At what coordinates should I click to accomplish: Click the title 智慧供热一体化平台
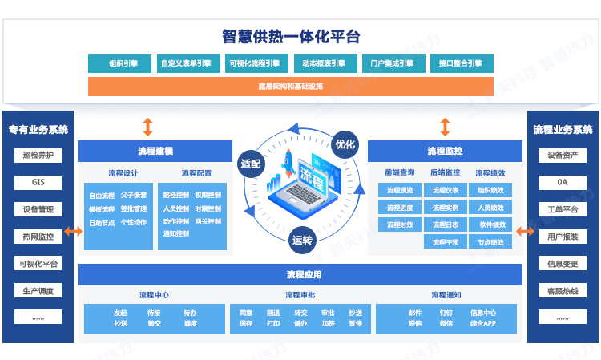tap(291, 36)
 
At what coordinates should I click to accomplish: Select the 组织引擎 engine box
tap(123, 63)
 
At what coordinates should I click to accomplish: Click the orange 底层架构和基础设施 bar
tap(291, 86)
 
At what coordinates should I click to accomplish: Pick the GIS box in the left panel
tap(38, 182)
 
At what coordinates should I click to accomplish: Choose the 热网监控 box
tap(38, 237)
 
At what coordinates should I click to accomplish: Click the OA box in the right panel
tap(563, 182)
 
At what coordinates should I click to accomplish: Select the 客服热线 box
tap(563, 291)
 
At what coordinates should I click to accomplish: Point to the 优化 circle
tap(345, 144)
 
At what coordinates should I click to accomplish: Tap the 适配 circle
tap(250, 163)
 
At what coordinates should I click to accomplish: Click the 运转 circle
tap(302, 239)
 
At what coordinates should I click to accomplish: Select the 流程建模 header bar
tap(155, 151)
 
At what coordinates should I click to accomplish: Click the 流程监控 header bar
tap(445, 151)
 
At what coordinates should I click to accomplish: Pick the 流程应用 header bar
tap(300, 275)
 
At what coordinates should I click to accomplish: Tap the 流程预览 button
tap(400, 190)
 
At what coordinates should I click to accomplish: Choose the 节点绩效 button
tap(491, 241)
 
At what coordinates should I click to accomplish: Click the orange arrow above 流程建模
tap(147, 127)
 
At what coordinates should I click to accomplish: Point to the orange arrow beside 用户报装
tap(526, 232)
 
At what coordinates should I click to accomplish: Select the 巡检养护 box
tap(38, 155)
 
